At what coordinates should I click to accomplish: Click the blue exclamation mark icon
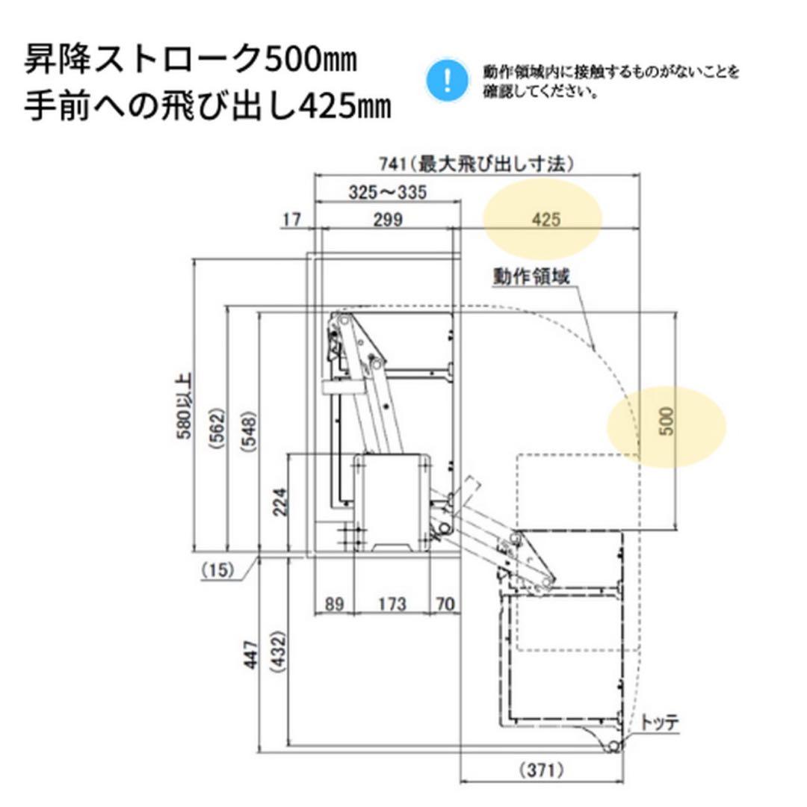(446, 80)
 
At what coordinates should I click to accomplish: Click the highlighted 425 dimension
(546, 220)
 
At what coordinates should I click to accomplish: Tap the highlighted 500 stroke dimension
(668, 422)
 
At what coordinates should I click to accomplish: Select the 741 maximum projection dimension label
(475, 163)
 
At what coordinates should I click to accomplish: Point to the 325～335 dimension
(388, 192)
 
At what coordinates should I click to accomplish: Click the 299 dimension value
(387, 220)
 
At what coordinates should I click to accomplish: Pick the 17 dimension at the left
(291, 220)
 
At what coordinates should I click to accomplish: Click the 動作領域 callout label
(531, 276)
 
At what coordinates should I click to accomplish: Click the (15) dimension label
(217, 570)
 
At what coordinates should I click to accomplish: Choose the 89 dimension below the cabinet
(335, 604)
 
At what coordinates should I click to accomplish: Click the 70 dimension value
(445, 604)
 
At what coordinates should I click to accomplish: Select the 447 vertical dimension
(251, 655)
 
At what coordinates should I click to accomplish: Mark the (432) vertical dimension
(278, 655)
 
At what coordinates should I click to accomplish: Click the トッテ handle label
(660, 723)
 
